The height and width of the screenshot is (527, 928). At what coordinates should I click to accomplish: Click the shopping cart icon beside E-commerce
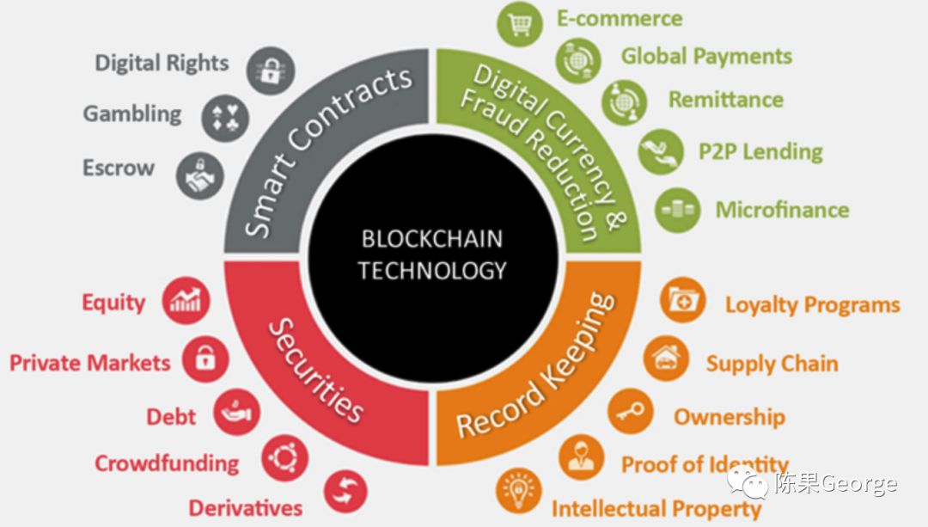pos(519,25)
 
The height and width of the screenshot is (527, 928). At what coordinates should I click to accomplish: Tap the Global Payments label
pos(706,57)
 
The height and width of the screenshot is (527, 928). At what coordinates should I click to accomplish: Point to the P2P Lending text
pos(760,152)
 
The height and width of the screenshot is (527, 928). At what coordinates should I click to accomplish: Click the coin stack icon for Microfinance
pos(677,210)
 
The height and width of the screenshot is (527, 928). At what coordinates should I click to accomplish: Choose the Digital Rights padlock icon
pos(272,69)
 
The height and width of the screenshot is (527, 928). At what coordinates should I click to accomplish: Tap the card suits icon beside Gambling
pos(225,118)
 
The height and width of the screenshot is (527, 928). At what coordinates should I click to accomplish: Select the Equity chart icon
pos(186,301)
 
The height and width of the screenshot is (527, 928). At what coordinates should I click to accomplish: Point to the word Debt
pos(171,417)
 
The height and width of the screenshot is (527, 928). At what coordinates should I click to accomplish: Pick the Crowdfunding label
pos(167,463)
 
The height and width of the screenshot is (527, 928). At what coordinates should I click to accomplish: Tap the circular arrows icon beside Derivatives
pos(345,493)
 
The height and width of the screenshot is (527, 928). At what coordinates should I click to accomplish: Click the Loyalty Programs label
pos(812,305)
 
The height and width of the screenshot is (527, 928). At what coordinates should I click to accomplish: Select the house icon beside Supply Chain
pos(666,358)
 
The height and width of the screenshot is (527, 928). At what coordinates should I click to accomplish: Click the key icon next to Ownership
pos(631,411)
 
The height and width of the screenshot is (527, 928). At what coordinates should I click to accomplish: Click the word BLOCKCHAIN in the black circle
pos(431,238)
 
